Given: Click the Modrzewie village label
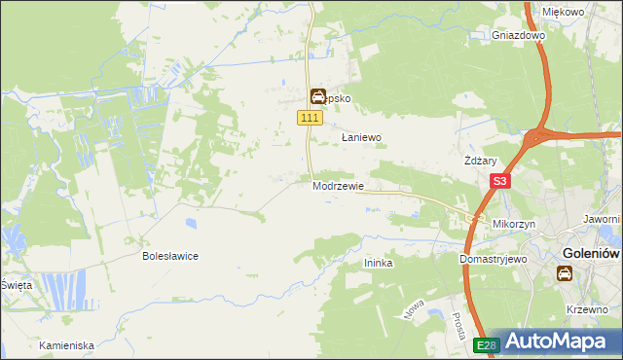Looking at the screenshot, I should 339,185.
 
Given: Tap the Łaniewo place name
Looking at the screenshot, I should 361,138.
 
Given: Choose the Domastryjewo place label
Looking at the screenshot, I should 493,260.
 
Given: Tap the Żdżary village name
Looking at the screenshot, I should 482,162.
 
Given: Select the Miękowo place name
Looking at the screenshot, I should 563,12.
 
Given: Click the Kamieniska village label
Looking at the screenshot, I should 66,345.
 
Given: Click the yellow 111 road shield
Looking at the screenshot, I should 310,118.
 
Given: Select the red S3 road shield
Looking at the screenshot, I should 499,181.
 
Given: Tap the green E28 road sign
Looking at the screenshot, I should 488,344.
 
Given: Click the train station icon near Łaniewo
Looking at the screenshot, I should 317,96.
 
